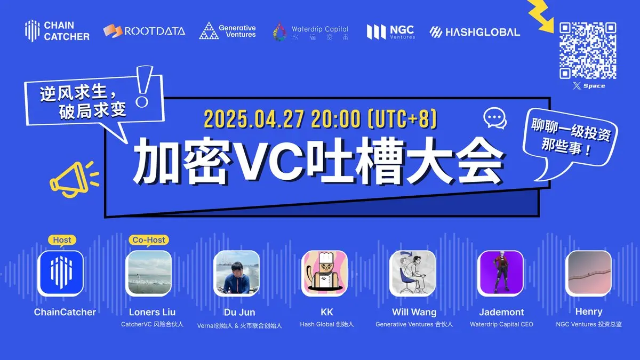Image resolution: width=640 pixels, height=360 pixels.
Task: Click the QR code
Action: click(588, 51)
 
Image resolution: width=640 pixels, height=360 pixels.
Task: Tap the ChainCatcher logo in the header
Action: click(57, 31)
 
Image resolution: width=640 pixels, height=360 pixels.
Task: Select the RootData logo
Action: click(144, 31)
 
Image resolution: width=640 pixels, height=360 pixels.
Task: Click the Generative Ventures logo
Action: click(228, 31)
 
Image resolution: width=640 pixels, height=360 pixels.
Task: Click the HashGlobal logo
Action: click(475, 31)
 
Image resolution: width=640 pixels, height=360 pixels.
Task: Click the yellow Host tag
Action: click(61, 240)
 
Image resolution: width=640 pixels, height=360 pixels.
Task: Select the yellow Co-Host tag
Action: click(148, 240)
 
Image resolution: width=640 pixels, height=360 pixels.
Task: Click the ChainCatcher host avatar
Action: click(60, 273)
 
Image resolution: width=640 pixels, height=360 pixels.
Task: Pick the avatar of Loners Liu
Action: click(148, 273)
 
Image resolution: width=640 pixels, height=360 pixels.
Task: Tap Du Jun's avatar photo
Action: click(236, 273)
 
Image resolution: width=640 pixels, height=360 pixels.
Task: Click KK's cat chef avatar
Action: click(324, 273)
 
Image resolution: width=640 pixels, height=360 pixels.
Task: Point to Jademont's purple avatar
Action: click(500, 273)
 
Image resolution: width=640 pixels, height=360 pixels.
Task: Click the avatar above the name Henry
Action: click(588, 273)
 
